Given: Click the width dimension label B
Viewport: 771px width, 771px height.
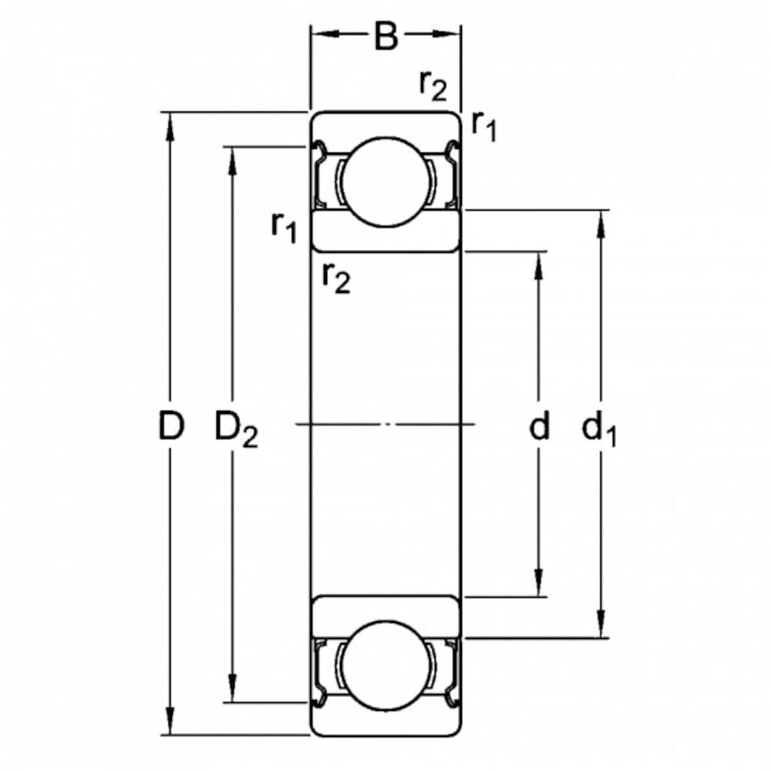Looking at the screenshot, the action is tap(385, 36).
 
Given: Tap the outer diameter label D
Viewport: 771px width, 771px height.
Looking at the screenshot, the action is tap(170, 426).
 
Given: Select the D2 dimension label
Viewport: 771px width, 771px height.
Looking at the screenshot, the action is tap(236, 429).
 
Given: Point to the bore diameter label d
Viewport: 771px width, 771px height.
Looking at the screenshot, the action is tap(539, 426).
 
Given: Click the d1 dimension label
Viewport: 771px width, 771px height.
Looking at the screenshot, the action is tap(598, 429).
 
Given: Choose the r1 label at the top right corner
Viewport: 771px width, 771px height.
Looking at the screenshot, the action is tap(484, 126).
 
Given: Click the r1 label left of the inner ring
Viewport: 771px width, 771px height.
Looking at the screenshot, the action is tap(284, 227).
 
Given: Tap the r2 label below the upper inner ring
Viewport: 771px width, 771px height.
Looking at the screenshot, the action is tap(336, 278).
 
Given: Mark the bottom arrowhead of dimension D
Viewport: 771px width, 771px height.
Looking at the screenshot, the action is tap(170, 722).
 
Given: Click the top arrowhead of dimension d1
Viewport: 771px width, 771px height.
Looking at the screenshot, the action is tap(601, 224).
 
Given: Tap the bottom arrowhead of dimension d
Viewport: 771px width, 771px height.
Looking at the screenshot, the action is tap(539, 583).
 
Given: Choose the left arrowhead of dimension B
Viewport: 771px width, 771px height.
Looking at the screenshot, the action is tap(325, 33).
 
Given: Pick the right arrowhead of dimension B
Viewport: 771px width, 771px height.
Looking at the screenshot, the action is tap(446, 33).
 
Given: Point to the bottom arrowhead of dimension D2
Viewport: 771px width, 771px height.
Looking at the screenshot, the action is tap(233, 689).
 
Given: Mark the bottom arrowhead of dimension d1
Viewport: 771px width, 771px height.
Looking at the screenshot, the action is tap(601, 624).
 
